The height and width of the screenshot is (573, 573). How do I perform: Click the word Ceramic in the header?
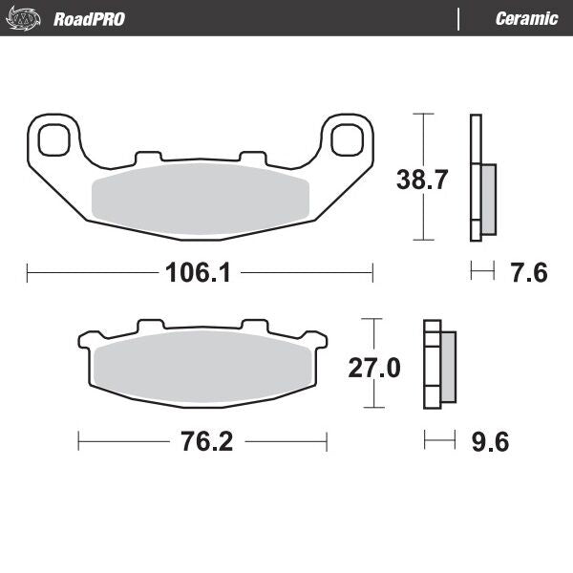(x=526, y=18)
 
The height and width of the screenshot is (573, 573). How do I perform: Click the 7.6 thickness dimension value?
(x=527, y=273)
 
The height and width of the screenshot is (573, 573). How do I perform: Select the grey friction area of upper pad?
(x=201, y=196)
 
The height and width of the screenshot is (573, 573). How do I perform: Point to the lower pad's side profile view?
(x=439, y=368)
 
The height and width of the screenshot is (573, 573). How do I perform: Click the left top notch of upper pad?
(x=148, y=156)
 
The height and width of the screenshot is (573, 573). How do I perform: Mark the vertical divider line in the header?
(x=459, y=18)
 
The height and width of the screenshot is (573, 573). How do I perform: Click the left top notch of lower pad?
(x=150, y=327)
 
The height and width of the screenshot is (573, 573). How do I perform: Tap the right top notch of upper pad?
(x=251, y=156)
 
